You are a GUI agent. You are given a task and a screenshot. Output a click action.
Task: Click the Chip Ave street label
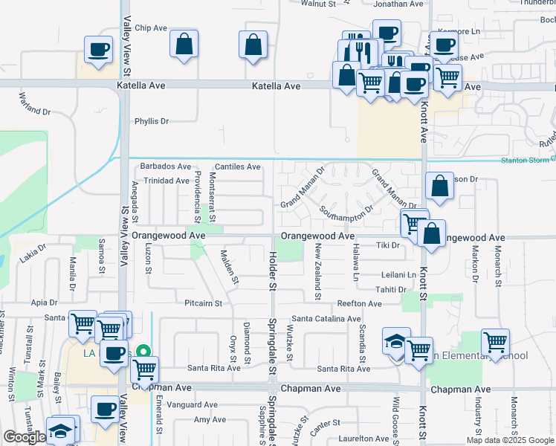point(152,28)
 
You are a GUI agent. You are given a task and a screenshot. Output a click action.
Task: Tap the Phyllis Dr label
point(152,121)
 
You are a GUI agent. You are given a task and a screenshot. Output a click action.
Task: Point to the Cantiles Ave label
point(237,167)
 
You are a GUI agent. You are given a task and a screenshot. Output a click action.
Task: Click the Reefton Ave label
point(359,303)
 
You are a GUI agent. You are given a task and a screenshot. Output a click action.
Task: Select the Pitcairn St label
point(204,303)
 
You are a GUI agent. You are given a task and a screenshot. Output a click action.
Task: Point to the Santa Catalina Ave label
point(326,319)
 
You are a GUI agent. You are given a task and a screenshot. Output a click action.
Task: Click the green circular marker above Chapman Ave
point(147,352)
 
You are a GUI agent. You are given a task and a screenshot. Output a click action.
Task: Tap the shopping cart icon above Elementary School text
point(495,342)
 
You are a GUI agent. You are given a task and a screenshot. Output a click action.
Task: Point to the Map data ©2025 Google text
point(510,440)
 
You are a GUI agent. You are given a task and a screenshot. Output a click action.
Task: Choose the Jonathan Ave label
point(398,4)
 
